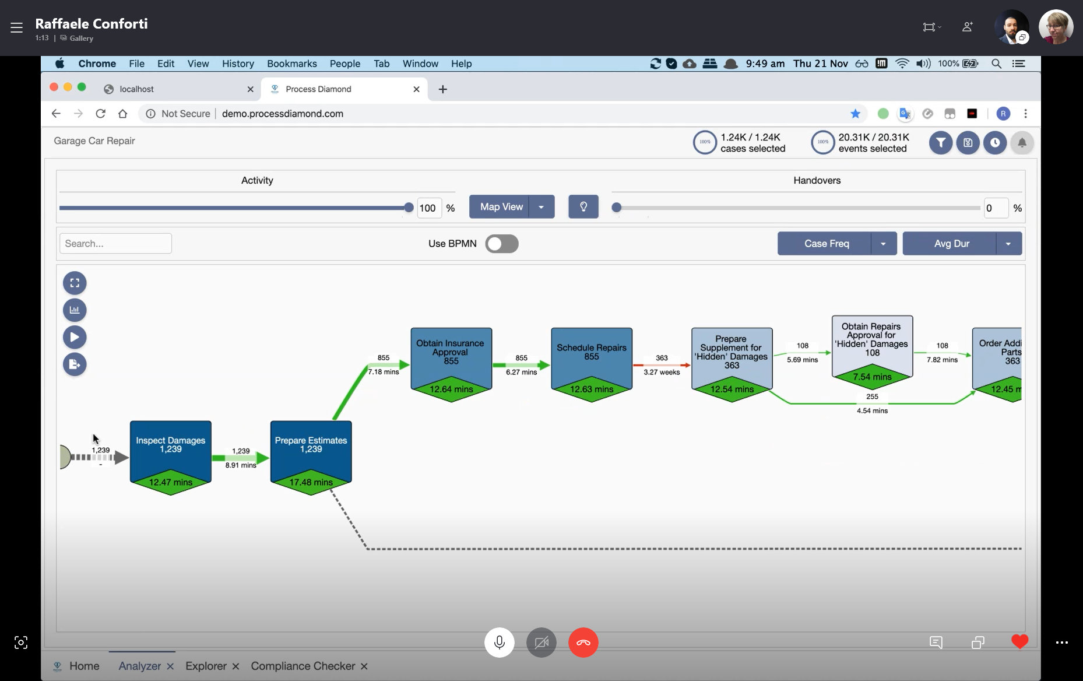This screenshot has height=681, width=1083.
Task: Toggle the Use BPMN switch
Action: coord(502,244)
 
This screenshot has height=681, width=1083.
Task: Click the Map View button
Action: coord(501,207)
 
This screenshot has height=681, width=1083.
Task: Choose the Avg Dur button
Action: coord(951,244)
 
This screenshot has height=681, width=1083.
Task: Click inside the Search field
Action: coord(115,244)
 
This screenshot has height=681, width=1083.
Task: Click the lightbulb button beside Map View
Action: coord(583,207)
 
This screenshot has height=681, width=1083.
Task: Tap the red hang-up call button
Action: coord(583,643)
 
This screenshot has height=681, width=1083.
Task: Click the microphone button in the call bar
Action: coord(500,643)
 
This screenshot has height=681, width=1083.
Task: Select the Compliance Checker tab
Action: coord(303,666)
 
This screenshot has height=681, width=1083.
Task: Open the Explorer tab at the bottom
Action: coord(206,666)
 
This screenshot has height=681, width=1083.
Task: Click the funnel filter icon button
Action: coord(941,143)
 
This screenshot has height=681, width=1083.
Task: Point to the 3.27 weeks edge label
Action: coord(662,372)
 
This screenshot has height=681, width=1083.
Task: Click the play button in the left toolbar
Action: coord(75,337)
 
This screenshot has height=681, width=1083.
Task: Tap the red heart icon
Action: coord(1019,642)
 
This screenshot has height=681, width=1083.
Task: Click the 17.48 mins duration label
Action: coord(311,482)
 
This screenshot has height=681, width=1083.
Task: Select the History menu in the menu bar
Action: coord(238,64)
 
